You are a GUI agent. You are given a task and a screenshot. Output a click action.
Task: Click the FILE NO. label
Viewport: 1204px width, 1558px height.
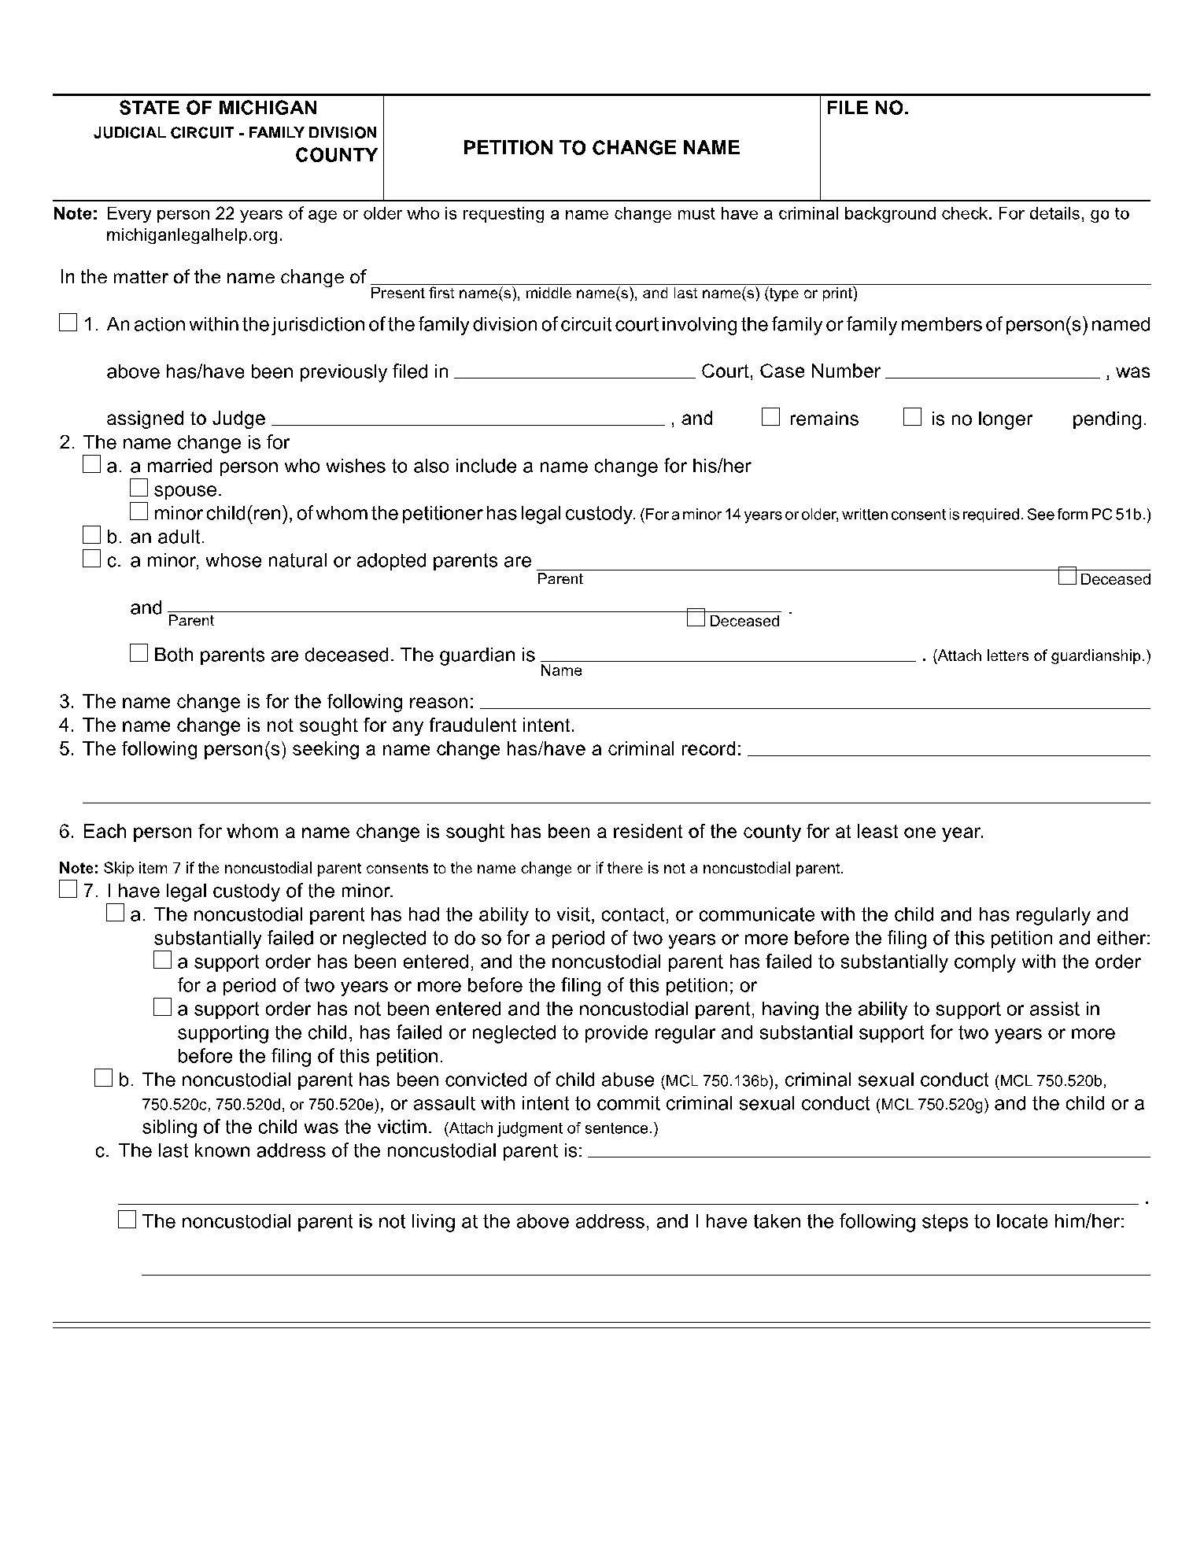(867, 109)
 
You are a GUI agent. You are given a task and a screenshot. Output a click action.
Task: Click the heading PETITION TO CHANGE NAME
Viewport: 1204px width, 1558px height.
(601, 148)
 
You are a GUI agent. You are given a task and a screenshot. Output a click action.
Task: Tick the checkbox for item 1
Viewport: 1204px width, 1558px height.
(68, 323)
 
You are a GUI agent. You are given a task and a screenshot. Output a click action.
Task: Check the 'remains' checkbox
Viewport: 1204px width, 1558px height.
(770, 417)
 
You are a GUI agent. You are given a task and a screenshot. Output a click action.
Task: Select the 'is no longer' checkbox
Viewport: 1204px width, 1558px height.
(912, 417)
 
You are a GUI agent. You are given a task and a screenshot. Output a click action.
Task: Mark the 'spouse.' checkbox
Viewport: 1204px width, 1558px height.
(139, 489)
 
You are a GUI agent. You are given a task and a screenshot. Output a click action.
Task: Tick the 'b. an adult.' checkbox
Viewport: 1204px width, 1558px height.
(92, 536)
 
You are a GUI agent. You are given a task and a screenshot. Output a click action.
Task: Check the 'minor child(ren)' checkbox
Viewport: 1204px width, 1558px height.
(139, 512)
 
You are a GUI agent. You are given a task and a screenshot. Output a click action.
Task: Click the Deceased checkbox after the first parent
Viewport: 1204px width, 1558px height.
(1067, 577)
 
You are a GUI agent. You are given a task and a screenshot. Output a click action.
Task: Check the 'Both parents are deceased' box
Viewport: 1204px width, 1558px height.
(139, 653)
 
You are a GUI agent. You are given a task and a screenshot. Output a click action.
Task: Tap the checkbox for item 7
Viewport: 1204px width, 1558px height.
(68, 890)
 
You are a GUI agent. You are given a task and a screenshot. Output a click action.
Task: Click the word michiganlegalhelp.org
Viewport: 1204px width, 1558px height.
(194, 235)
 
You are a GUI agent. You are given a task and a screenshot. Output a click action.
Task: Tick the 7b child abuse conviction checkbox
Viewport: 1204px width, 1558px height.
(103, 1079)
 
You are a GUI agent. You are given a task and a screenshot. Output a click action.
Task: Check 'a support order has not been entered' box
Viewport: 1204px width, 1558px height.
(162, 1008)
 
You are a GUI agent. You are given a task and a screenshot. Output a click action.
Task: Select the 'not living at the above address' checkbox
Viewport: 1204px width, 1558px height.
(127, 1220)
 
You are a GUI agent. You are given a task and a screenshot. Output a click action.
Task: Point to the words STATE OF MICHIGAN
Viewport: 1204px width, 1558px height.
(218, 109)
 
